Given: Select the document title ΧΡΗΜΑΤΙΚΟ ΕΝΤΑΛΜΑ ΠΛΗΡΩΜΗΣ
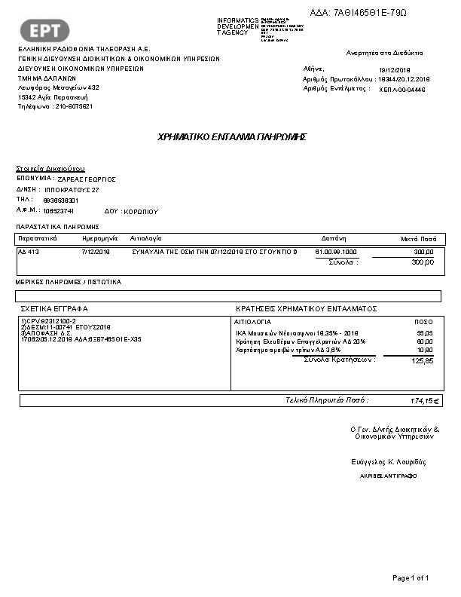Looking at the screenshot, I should pyautogui.click(x=230, y=137).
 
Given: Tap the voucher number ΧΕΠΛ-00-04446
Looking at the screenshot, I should pyautogui.click(x=402, y=89).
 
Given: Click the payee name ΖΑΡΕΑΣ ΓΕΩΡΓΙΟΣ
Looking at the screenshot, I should pyautogui.click(x=86, y=179).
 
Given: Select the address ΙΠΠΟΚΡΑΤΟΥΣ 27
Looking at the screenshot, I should pyautogui.click(x=72, y=190).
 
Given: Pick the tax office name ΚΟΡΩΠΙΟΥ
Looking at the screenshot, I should pyautogui.click(x=142, y=211).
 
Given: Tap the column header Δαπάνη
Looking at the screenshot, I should pyautogui.click(x=332, y=237).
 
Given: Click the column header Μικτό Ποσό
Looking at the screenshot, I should pyautogui.click(x=417, y=237).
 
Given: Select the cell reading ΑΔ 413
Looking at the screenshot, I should pyautogui.click(x=29, y=252).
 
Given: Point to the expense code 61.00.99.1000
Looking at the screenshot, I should pyautogui.click(x=336, y=252).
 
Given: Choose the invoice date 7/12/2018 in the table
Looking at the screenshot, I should pyautogui.click(x=96, y=252).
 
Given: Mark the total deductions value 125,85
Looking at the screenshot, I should pyautogui.click(x=422, y=361).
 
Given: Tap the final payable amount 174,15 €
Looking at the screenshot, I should pyautogui.click(x=425, y=400).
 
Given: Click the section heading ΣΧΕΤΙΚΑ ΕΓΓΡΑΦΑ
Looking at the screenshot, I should pyautogui.click(x=54, y=309).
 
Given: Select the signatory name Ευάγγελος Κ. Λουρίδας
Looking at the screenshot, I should pyautogui.click(x=389, y=461).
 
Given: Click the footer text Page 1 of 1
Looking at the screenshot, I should pyautogui.click(x=411, y=578).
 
